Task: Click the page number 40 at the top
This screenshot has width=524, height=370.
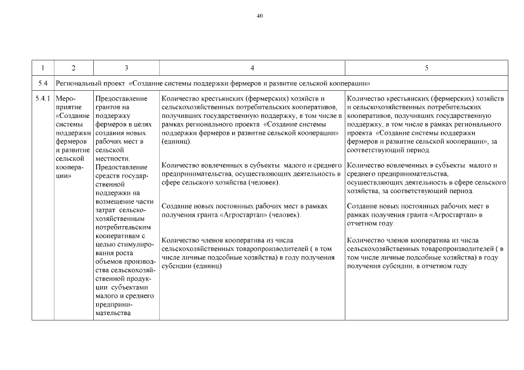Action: [259, 16]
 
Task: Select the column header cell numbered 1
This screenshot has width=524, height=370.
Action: [43, 68]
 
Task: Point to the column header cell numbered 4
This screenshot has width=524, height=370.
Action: [252, 68]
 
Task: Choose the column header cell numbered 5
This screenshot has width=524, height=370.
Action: [426, 68]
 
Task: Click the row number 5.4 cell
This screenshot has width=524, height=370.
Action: [43, 83]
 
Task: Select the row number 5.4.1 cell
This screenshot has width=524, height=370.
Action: [43, 99]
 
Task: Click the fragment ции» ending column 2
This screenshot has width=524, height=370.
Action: [64, 175]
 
